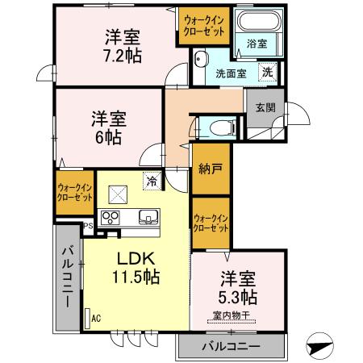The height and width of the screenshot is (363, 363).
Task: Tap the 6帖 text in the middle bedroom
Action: tap(105, 136)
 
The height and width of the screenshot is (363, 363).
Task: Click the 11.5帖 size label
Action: tap(135, 277)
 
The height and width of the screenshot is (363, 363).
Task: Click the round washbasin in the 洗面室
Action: tap(202, 59)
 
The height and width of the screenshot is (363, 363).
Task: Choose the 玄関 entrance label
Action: tap(265, 106)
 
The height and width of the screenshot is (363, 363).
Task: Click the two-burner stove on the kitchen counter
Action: tap(111, 217)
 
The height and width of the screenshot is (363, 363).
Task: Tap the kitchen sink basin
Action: tap(148, 216)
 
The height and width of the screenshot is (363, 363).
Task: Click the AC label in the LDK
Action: tap(96, 318)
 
